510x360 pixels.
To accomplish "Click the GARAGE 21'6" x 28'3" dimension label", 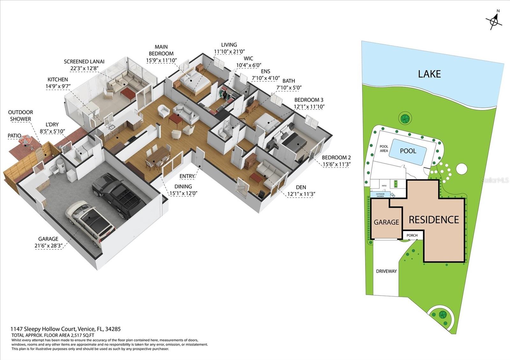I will click(48, 242).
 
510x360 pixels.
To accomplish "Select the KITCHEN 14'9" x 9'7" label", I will click(58, 83).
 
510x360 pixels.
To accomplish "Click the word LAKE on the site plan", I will click(429, 74).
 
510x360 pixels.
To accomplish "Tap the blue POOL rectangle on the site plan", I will click(408, 151).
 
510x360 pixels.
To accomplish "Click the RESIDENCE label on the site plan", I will click(433, 220).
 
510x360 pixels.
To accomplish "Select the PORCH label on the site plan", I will click(412, 235).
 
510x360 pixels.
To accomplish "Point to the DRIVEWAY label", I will click(386, 271).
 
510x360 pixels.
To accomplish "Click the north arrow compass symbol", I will click(494, 21).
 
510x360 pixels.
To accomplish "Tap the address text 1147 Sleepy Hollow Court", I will click(65, 329).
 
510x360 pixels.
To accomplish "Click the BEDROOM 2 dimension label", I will click(336, 161).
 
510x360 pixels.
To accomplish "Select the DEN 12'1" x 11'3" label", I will click(301, 191).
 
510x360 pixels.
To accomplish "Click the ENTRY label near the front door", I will click(186, 176).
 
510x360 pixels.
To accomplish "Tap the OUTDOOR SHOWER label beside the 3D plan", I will click(20, 116).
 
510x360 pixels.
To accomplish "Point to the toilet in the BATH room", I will click(223, 134).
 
